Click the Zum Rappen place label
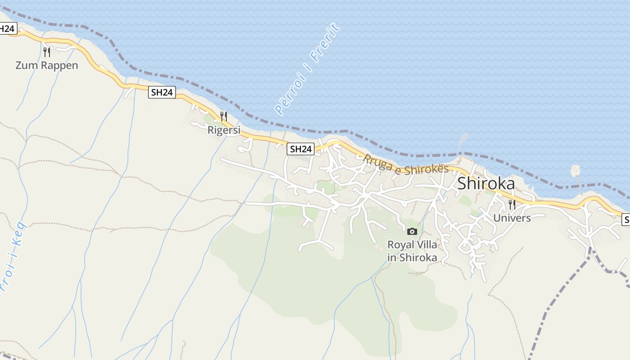46,65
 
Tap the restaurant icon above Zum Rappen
46,52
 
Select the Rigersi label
224,130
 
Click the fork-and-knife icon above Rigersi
224,117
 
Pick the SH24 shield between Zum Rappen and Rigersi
162,92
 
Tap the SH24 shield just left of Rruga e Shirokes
301,149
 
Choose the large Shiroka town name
486,184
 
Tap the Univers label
512,218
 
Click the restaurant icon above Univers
512,205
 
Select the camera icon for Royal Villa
412,232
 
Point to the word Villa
425,245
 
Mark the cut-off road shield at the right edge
626,220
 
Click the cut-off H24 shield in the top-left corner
8,29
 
